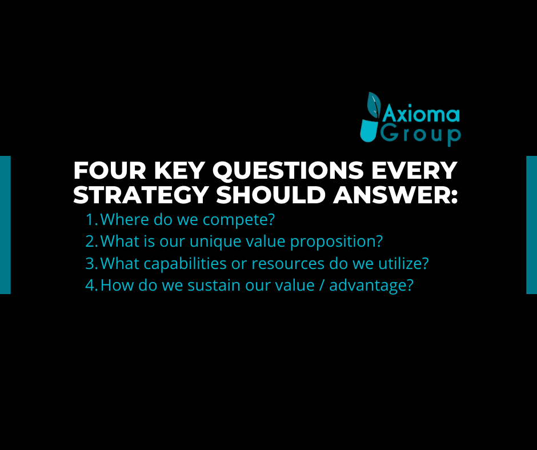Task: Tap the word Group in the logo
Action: [420, 135]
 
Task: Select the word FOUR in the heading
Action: [110, 170]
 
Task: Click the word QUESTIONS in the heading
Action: [288, 171]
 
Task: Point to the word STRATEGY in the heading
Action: [141, 195]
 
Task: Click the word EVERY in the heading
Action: [414, 170]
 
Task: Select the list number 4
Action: [91, 286]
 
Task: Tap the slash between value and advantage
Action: [321, 286]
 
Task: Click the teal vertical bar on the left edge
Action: [6, 225]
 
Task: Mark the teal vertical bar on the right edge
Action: [531, 225]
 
